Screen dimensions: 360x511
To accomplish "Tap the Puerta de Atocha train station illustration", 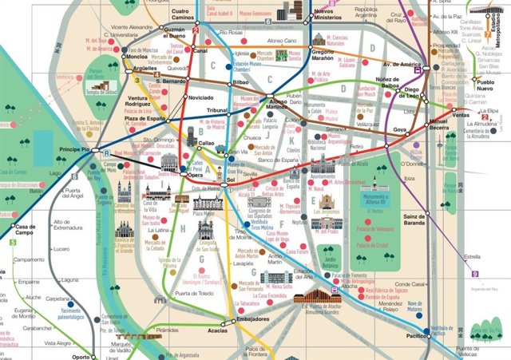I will pos(317,299).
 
